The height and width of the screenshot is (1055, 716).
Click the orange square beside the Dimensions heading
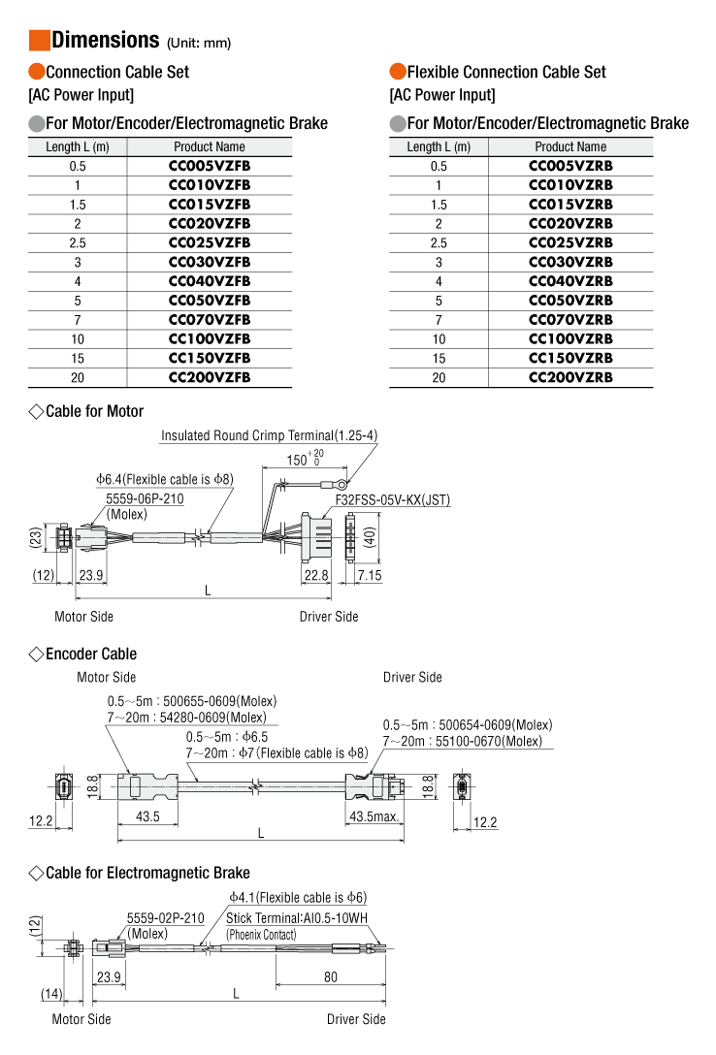[x=39, y=40]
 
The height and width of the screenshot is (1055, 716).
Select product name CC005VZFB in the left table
[x=210, y=166]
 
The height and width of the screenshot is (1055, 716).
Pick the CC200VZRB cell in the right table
[x=570, y=377]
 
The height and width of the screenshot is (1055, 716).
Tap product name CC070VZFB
[x=210, y=320]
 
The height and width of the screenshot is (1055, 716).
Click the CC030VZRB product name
[x=570, y=262]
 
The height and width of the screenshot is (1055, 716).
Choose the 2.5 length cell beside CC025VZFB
[x=78, y=242]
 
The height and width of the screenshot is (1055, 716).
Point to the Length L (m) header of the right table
[x=439, y=147]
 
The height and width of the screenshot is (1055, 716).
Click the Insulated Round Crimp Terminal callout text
[x=269, y=435]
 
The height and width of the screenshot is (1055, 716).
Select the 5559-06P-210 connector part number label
[x=145, y=498]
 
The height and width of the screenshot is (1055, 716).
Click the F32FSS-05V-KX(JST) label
[x=393, y=500]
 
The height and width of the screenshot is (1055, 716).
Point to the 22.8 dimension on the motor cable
[x=316, y=575]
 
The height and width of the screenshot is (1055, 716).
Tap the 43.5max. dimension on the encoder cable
[x=374, y=817]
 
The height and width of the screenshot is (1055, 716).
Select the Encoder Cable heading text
[x=91, y=654]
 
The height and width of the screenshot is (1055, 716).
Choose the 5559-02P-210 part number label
[x=165, y=918]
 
